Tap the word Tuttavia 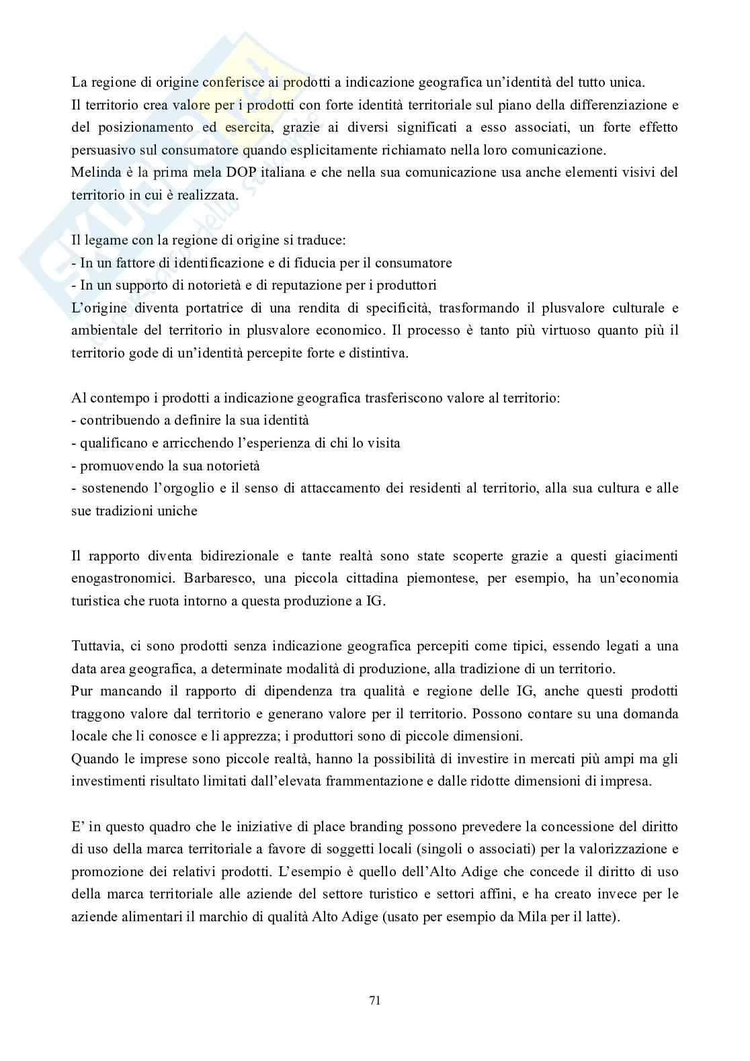[x=95, y=646]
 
